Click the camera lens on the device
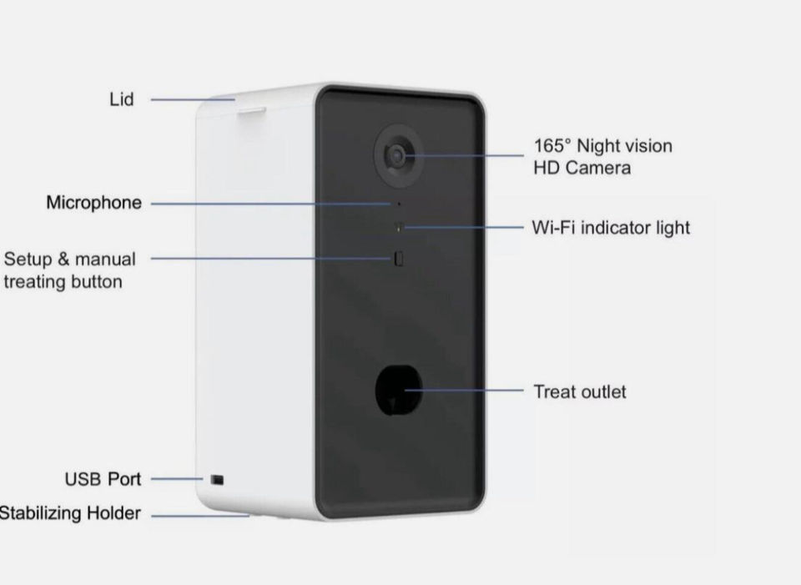click(395, 154)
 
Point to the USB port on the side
click(217, 480)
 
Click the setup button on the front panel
click(399, 259)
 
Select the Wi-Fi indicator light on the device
click(399, 226)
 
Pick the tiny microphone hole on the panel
click(398, 204)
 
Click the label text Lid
click(122, 100)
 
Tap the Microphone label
click(93, 203)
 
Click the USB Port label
click(103, 480)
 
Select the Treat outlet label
click(580, 391)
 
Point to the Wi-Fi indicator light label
click(611, 227)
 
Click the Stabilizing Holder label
click(70, 513)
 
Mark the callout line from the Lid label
click(192, 100)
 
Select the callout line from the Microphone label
click(267, 203)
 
